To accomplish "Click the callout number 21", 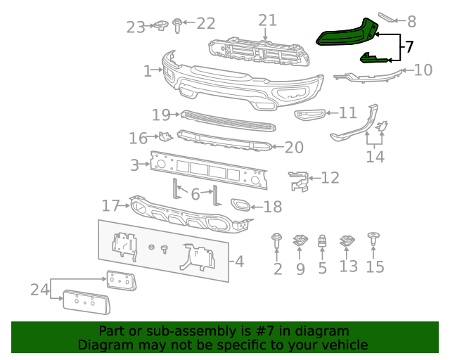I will (267, 20).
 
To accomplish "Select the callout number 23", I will (136, 27).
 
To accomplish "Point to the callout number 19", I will (161, 114).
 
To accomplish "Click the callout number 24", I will (39, 289).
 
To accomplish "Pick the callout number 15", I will (375, 267).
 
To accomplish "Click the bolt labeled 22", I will (176, 26).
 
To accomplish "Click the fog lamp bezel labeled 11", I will (310, 114).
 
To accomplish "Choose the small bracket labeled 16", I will (164, 137).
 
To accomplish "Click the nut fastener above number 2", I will (277, 241).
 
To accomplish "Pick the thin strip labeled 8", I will (389, 17).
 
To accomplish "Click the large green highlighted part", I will (345, 32).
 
